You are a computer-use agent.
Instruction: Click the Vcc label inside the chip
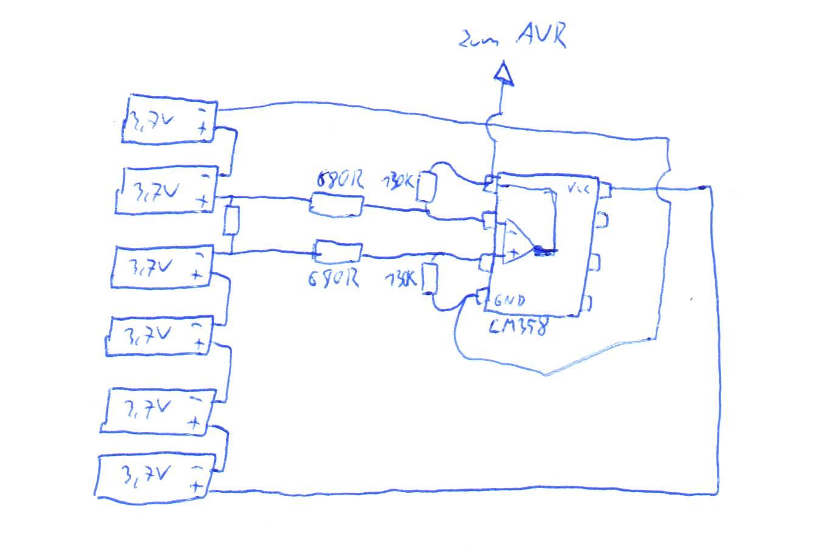point(578,189)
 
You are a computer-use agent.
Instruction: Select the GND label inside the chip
point(509,300)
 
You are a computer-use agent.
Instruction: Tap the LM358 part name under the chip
point(518,326)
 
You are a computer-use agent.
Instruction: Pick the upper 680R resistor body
point(336,204)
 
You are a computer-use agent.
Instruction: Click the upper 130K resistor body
point(427,188)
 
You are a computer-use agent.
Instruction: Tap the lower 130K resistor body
point(430,279)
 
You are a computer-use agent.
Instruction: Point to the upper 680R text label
point(340,180)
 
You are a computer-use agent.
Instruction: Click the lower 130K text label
point(401,279)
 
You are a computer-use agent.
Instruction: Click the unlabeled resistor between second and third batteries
point(231,221)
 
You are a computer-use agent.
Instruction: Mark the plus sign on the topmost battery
point(202,128)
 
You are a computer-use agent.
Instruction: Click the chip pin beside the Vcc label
point(603,190)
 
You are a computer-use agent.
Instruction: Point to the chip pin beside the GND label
point(482,298)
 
